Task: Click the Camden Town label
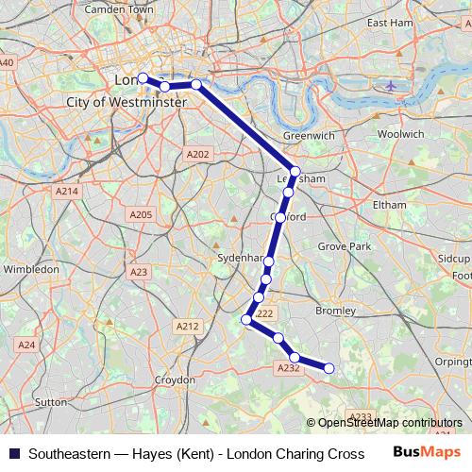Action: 119,9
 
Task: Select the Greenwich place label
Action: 309,136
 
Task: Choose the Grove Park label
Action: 344,245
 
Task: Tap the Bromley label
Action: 335,310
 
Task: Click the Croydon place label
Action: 175,379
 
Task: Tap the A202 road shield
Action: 197,154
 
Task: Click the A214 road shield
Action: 66,191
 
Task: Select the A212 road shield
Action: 188,326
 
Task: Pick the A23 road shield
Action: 140,272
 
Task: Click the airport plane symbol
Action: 392,86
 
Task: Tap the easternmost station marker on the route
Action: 329,368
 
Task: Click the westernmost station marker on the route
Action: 143,78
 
